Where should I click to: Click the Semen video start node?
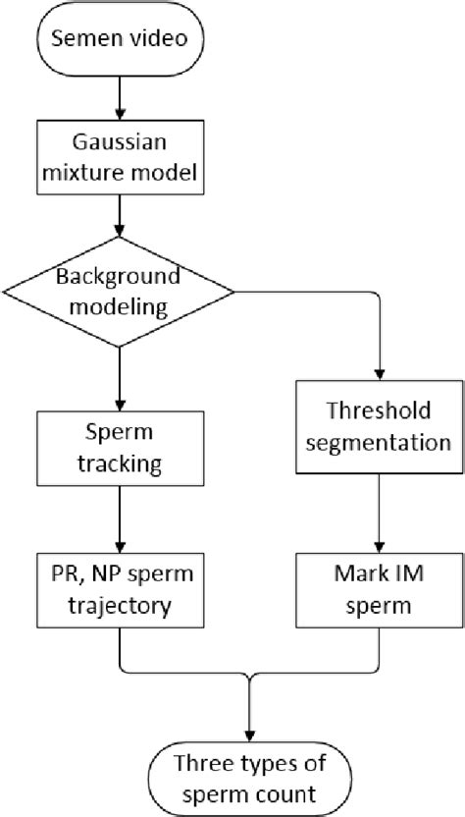[119, 41]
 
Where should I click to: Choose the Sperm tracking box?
[119, 447]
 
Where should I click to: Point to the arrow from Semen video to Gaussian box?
[119, 96]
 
